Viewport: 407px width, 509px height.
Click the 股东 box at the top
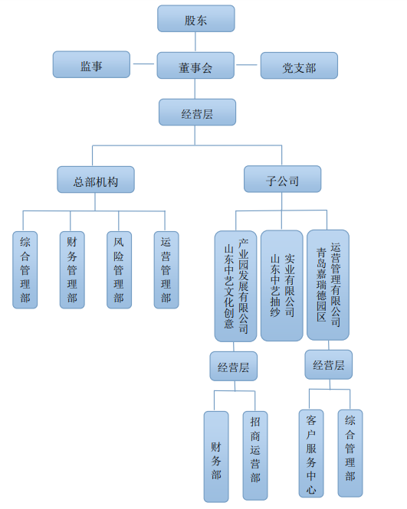[x=196, y=18]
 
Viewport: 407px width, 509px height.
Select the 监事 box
[x=91, y=64]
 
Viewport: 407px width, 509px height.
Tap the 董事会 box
[x=195, y=65]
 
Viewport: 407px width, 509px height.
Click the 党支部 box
[x=299, y=66]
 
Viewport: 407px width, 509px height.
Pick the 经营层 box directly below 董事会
[x=197, y=112]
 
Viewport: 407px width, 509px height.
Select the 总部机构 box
[x=96, y=180]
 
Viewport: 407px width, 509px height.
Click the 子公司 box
[x=283, y=179]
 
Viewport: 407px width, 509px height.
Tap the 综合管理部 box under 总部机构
[x=25, y=269]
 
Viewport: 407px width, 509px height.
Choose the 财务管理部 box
[x=72, y=269]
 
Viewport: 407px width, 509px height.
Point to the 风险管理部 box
[x=120, y=269]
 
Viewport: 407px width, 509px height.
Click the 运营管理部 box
[x=166, y=269]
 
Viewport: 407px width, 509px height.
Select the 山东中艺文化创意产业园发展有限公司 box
[x=235, y=286]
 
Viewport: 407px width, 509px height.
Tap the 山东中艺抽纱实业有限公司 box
[x=282, y=285]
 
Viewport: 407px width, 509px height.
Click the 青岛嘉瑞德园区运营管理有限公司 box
[x=328, y=285]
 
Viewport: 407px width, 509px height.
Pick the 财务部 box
[x=216, y=457]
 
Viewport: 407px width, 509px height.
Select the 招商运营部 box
[x=255, y=455]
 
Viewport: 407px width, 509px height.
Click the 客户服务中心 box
[x=311, y=453]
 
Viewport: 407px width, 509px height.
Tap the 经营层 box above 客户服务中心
[x=329, y=364]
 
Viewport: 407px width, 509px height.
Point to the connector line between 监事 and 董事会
[x=143, y=64]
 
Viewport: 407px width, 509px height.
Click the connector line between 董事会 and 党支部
[x=246, y=65]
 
